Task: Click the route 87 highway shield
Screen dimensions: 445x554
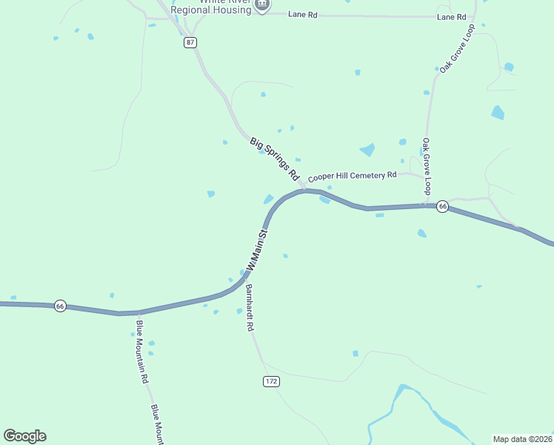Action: pos(191,42)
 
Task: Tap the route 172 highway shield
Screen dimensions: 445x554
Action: pos(271,381)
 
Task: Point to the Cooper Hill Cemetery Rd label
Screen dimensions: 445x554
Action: pos(353,177)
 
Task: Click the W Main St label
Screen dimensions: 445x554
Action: pos(257,250)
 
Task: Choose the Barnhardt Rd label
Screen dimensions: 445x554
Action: pos(250,307)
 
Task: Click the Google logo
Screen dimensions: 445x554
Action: pos(24,436)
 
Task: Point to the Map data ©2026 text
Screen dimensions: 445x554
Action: pos(523,439)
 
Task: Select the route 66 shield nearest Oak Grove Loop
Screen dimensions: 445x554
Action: pos(442,206)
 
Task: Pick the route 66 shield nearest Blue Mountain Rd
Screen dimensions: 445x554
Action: pos(61,306)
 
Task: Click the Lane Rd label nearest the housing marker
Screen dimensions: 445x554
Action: pos(302,15)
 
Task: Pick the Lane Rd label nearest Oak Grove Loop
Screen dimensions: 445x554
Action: pos(451,17)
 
